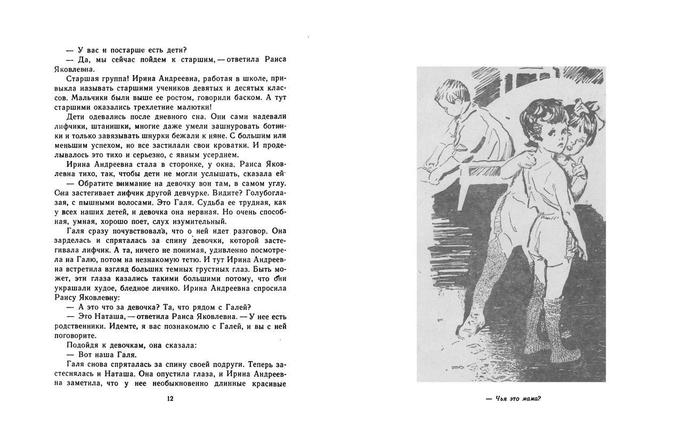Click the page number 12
point(170,398)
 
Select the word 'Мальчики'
point(87,98)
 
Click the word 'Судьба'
point(217,202)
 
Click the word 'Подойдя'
point(82,345)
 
